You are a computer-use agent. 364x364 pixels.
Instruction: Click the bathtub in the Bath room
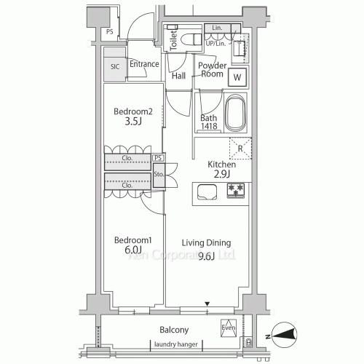(237, 114)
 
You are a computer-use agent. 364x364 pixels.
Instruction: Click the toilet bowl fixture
(194, 40)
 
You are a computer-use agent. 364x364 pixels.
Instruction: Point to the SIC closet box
(114, 66)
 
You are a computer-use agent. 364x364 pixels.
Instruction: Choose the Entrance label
(144, 64)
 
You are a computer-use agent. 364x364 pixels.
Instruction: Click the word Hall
(178, 76)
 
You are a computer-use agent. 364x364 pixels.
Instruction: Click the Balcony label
(174, 329)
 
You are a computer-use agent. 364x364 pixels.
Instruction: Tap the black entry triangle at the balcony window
(207, 304)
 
